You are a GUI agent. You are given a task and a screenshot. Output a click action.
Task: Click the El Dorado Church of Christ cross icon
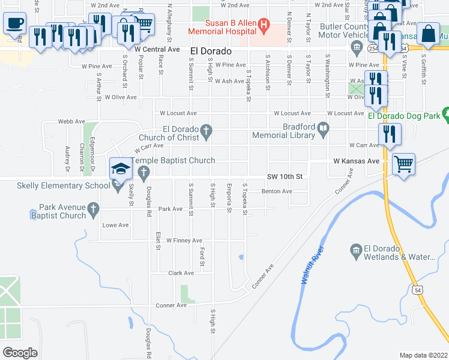(x=206, y=131)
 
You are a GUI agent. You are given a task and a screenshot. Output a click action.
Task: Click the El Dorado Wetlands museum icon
(x=356, y=250)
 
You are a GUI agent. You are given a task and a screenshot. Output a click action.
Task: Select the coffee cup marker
(x=14, y=24)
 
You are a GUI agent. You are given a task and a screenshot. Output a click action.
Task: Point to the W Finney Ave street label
(x=184, y=241)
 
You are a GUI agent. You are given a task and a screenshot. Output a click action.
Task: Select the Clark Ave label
(x=181, y=273)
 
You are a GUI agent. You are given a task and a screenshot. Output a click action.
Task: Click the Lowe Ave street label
(x=116, y=225)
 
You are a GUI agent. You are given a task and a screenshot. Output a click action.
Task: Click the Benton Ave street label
(x=276, y=191)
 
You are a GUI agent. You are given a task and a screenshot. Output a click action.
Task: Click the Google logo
(x=20, y=353)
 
